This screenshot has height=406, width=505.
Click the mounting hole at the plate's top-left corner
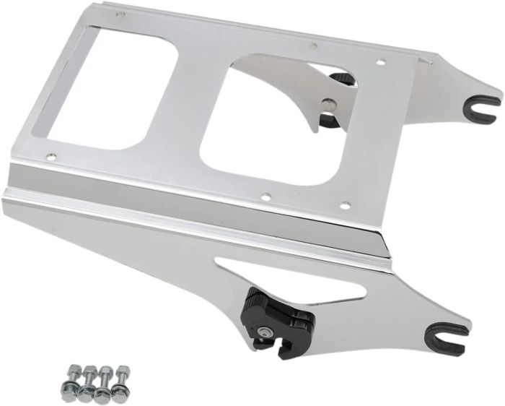(120, 14)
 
